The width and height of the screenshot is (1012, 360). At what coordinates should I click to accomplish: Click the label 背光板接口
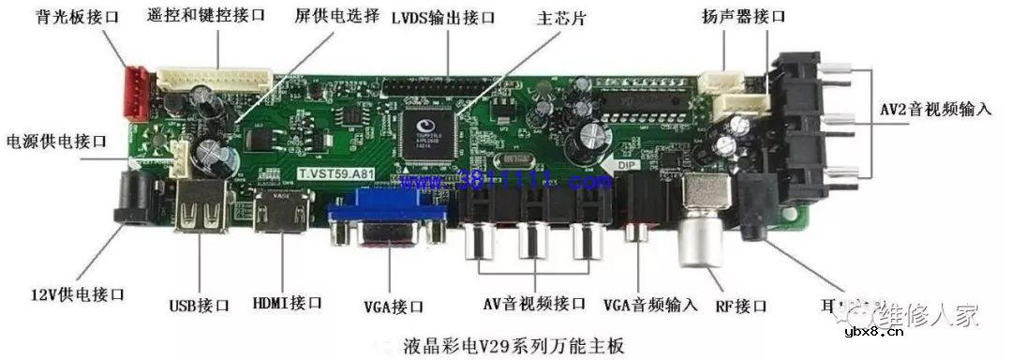pyautogui.click(x=76, y=17)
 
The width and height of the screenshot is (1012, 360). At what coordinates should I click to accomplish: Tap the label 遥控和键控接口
pyautogui.click(x=206, y=16)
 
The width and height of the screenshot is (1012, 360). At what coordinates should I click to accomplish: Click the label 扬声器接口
pyautogui.click(x=743, y=17)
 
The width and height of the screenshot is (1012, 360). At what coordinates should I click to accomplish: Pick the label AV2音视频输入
pyautogui.click(x=935, y=109)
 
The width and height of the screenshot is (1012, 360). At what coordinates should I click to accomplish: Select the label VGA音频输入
pyautogui.click(x=650, y=304)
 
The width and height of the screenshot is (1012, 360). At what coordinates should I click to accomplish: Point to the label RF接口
pyautogui.click(x=741, y=306)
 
